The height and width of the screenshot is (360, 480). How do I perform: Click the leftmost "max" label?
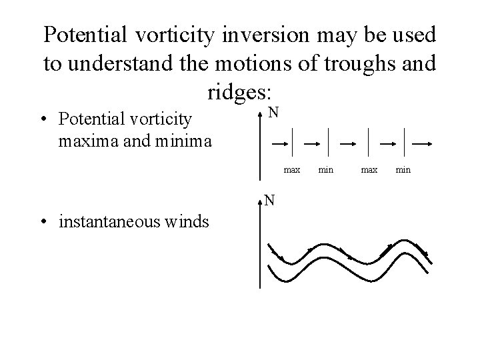292,171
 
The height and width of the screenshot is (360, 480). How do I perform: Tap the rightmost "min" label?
403,171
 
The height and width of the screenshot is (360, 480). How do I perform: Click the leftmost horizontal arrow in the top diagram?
280,143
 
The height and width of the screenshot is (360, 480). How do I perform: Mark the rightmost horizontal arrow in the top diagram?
423,143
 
